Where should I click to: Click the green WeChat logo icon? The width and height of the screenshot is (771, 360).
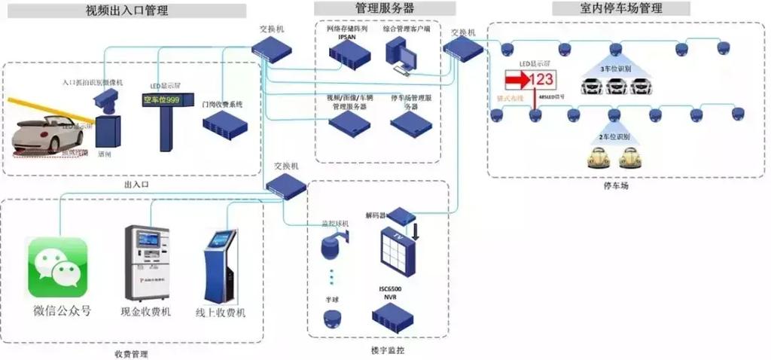58,267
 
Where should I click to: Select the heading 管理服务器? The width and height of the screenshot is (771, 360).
384,8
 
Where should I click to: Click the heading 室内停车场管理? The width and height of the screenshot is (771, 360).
621,8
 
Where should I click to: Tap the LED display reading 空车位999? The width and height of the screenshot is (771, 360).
162,99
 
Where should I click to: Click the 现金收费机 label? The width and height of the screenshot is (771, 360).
145,311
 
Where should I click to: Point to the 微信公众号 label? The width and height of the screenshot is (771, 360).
62,310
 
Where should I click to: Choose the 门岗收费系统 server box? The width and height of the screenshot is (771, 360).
224,124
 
